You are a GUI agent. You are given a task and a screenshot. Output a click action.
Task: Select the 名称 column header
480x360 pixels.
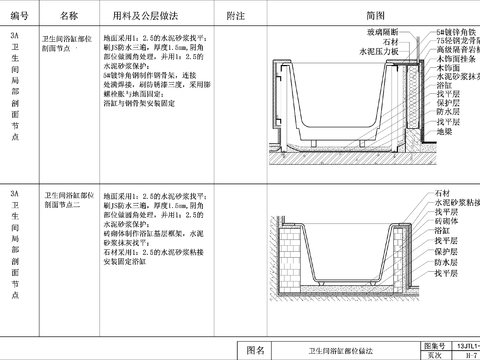(68, 17)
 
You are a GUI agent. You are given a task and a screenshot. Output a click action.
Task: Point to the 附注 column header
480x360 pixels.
(236, 17)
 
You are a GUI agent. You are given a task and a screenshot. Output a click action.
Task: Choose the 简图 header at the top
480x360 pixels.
(374, 17)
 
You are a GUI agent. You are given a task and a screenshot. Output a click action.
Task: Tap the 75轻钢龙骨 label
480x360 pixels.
(456, 43)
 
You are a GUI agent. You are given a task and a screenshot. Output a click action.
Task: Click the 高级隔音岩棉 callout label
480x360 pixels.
(457, 51)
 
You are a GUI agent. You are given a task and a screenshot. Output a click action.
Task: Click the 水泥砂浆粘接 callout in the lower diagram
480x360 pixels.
(456, 200)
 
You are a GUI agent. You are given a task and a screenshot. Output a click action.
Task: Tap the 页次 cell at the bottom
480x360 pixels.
(433, 354)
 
